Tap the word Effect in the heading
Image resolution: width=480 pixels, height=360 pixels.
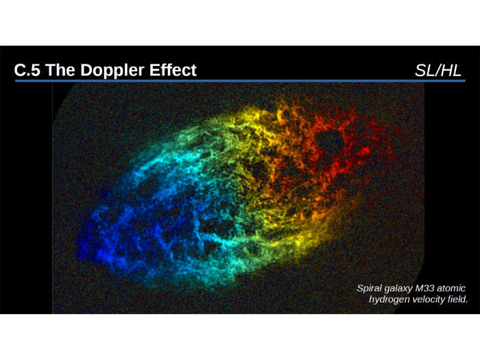171,70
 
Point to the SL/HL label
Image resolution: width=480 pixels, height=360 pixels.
438,70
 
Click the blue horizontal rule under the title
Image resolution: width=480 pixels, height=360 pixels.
240,81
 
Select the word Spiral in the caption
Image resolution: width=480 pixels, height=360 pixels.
371,289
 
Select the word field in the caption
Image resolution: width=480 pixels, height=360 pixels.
459,300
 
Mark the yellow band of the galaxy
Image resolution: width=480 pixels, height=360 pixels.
267,206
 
